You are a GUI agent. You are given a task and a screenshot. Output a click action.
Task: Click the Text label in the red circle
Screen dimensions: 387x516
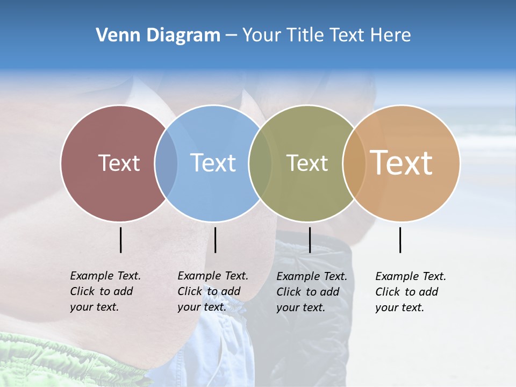coord(119,163)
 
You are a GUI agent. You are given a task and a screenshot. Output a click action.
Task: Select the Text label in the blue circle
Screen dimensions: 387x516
coord(213,163)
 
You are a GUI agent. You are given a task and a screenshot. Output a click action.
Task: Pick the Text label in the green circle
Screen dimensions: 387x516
coord(307,163)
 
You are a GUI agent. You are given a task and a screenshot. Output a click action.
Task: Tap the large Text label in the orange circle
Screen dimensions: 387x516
coord(402,162)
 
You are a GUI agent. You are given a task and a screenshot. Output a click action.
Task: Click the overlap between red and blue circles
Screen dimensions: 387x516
coord(166,163)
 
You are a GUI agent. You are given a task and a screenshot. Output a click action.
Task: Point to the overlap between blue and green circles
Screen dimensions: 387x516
coord(260,163)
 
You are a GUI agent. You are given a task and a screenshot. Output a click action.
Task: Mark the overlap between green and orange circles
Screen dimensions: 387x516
coord(354,163)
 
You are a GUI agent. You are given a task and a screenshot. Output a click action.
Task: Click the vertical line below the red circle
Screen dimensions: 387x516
coord(121,240)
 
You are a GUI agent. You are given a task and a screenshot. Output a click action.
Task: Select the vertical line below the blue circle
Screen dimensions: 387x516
coord(215,240)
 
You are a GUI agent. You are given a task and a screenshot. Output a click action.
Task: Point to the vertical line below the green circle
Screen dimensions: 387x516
coord(310,240)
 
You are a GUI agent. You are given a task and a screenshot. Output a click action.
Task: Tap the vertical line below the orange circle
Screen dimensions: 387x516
coord(400,240)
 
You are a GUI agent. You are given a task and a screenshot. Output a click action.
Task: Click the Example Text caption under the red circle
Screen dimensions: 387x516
coord(105,291)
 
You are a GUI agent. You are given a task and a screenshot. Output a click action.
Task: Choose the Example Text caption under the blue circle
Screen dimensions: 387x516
coord(213,291)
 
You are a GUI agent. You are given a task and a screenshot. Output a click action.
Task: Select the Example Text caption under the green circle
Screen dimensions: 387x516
coord(312,292)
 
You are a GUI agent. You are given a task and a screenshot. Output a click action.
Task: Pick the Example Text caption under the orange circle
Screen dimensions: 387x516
coord(411,292)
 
